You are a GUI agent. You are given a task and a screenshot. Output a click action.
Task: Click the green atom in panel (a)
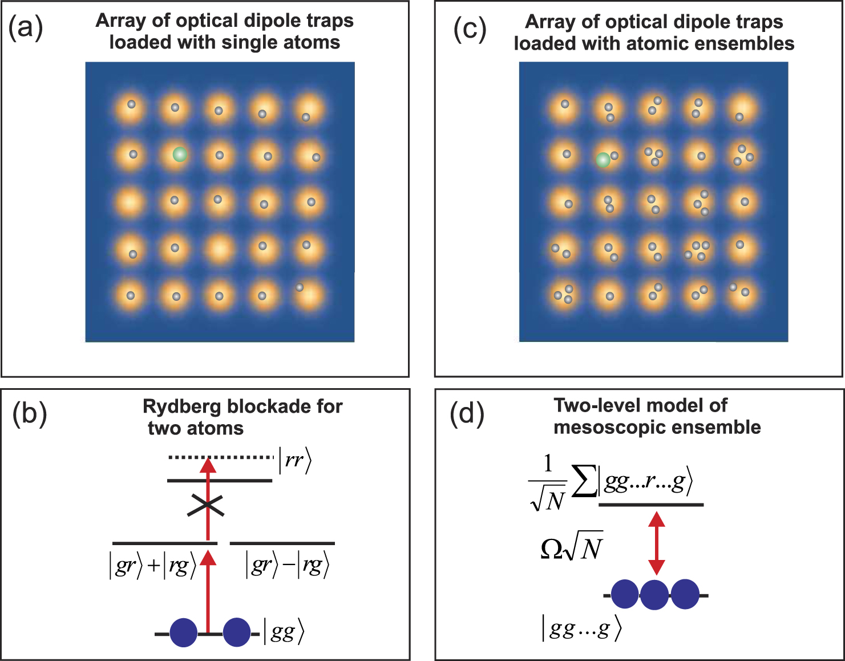(180, 154)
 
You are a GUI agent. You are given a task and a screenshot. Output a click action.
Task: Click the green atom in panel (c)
(603, 160)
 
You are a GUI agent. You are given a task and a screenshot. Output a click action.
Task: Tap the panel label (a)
(26, 27)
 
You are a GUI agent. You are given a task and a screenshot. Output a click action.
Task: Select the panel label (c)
(470, 29)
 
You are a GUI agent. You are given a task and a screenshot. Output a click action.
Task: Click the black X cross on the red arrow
(205, 505)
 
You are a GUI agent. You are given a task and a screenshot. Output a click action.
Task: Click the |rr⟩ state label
(295, 461)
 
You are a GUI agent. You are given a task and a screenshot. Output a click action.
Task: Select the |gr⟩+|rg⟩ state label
(152, 566)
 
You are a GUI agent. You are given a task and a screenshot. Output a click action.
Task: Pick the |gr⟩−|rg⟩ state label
(287, 566)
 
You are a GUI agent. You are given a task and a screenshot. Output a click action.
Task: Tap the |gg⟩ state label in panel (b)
(284, 632)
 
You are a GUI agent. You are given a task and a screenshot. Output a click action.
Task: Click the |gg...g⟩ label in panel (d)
(580, 628)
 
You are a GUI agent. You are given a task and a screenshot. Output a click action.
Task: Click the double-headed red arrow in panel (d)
(657, 543)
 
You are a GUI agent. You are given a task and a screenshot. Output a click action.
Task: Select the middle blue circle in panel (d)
(654, 595)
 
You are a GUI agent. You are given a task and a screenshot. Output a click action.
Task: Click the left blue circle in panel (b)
(184, 633)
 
